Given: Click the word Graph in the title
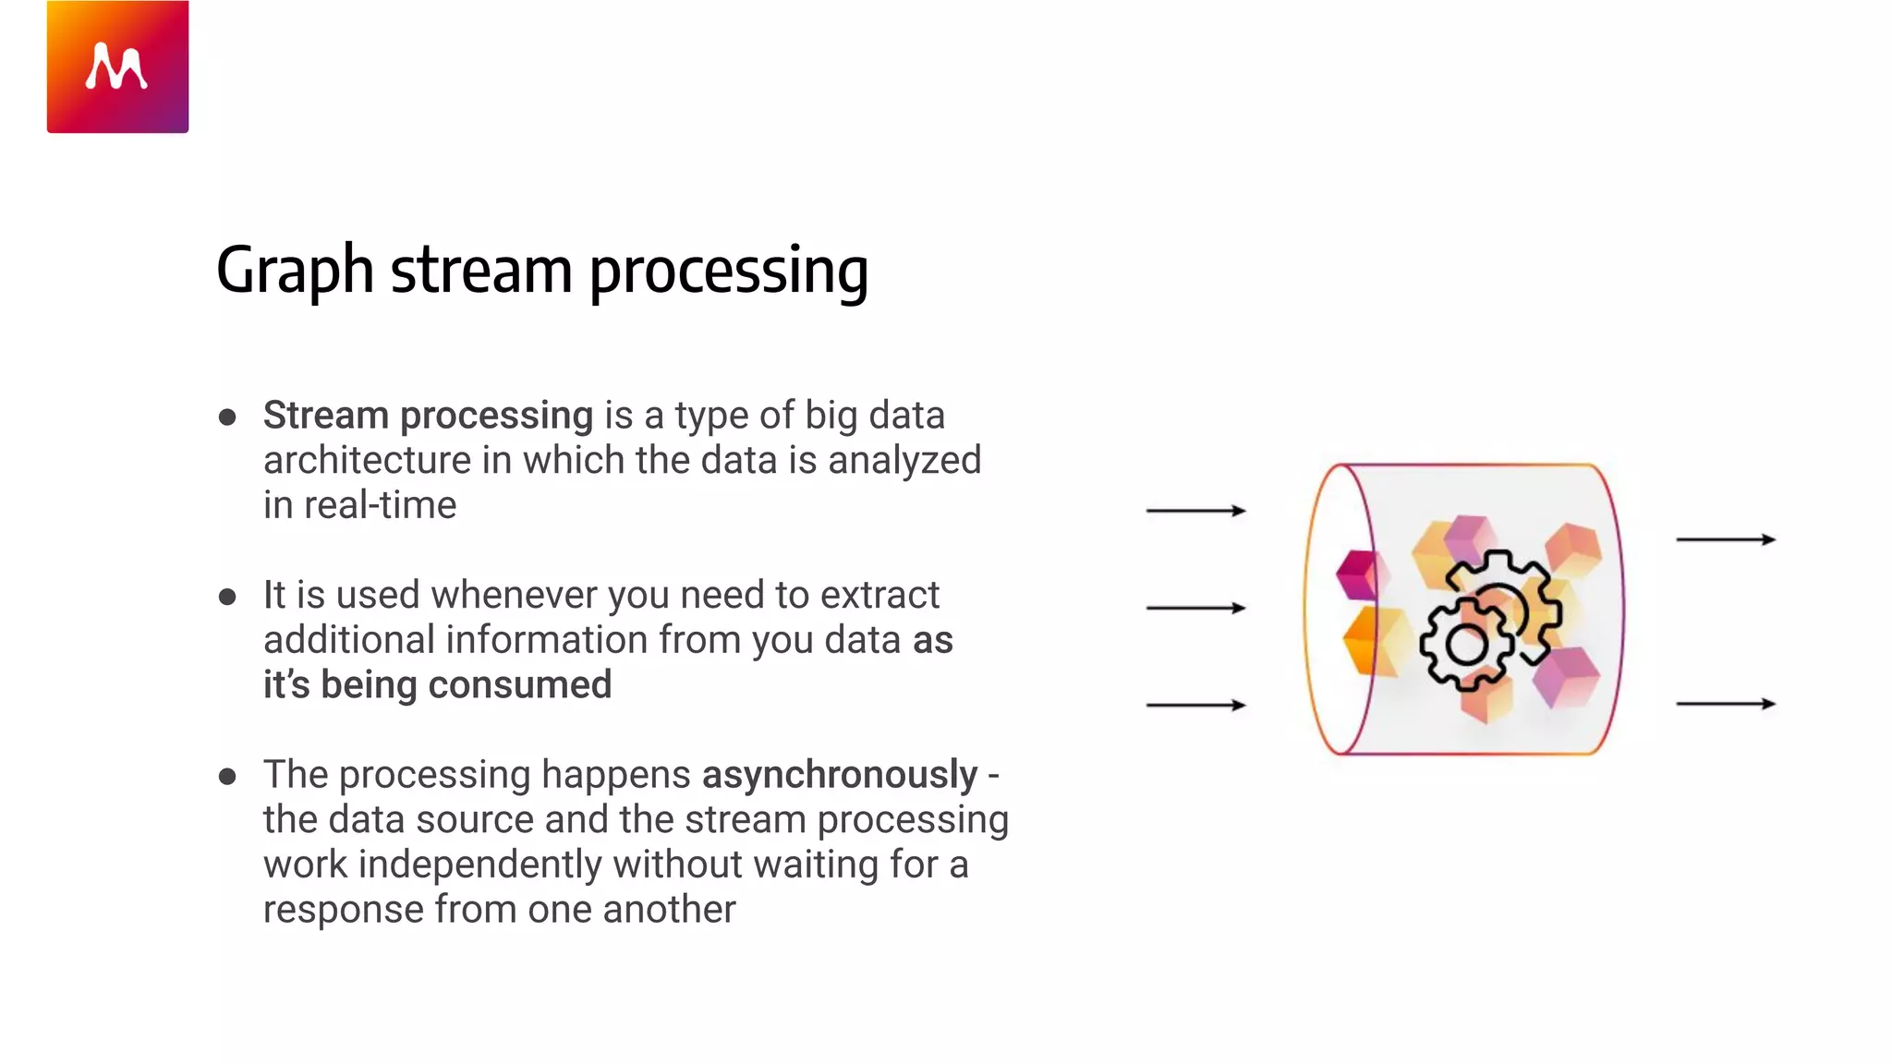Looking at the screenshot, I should pyautogui.click(x=294, y=271).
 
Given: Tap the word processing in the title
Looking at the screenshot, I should pyautogui.click(x=728, y=271).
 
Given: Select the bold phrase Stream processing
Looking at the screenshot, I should pyautogui.click(x=428, y=416).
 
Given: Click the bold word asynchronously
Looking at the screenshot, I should pyautogui.click(x=839, y=774).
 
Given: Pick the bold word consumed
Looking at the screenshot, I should pyautogui.click(x=519, y=685).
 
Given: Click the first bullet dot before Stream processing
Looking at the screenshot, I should pyautogui.click(x=227, y=417).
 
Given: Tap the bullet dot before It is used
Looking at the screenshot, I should pyautogui.click(x=227, y=597).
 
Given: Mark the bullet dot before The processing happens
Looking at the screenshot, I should pyautogui.click(x=227, y=776).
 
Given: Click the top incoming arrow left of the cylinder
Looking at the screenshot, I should pyautogui.click(x=1195, y=510).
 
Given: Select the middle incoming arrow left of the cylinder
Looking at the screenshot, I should pyautogui.click(x=1195, y=608).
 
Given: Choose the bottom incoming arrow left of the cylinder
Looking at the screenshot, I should pyautogui.click(x=1195, y=705).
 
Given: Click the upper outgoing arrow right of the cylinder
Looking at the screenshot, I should pyautogui.click(x=1726, y=539).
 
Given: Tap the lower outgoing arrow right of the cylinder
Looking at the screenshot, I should pyautogui.click(x=1726, y=704).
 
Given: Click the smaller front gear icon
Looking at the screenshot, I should pyautogui.click(x=1466, y=644).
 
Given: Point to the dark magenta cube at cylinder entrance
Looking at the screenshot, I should pyautogui.click(x=1356, y=574).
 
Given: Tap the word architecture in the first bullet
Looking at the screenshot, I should pyautogui.click(x=367, y=460).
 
